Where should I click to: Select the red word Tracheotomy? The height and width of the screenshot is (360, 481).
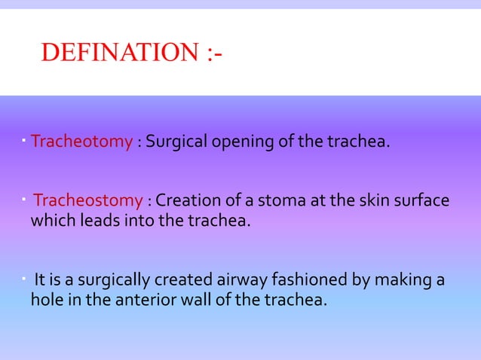tap(82, 142)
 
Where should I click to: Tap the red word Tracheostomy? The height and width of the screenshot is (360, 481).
tap(88, 201)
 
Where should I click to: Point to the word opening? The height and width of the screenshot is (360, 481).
tap(240, 142)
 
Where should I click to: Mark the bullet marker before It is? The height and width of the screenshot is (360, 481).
tap(25, 279)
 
